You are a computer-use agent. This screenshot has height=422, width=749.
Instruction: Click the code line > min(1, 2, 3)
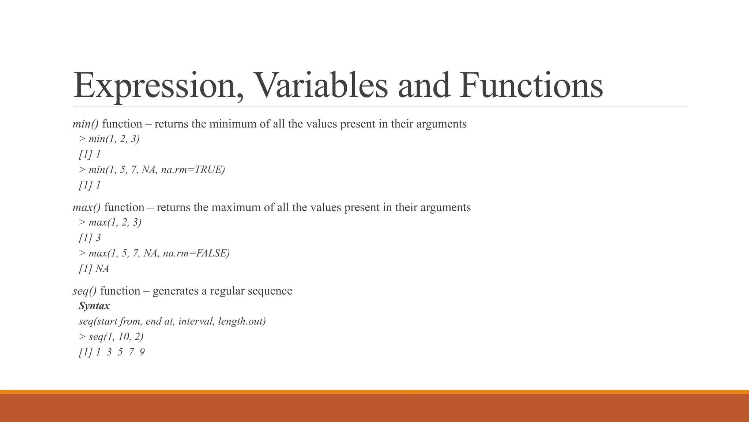coord(109,139)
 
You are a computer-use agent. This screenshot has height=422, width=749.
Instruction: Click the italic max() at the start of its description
coord(87,208)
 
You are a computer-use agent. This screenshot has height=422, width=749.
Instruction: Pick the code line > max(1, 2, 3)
coord(110,223)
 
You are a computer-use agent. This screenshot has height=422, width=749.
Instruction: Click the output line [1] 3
coord(90,238)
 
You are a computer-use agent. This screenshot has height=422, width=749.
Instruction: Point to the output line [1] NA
coord(94,269)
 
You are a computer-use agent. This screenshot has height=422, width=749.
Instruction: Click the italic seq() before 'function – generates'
coord(84,291)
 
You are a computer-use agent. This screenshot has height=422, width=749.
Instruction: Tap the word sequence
coord(270,291)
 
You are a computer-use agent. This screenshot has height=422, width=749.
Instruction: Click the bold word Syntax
coord(94,306)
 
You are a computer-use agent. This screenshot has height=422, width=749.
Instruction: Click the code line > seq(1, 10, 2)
coord(111,337)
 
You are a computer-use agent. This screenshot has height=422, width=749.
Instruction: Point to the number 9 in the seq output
coord(142,352)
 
